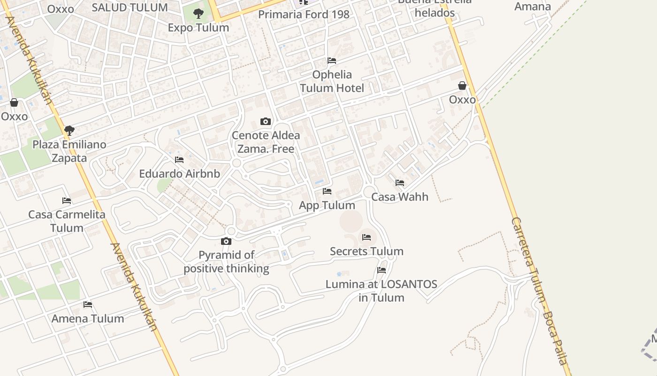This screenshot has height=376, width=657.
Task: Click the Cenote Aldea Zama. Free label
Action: (x=266, y=142)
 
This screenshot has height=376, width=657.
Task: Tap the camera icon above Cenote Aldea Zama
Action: (x=266, y=122)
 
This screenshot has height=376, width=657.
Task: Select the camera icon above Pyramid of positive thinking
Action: (x=226, y=242)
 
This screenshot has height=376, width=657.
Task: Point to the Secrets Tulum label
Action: (x=367, y=251)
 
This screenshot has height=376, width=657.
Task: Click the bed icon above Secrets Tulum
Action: (x=367, y=237)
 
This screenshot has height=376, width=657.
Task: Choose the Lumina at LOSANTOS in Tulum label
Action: (x=382, y=290)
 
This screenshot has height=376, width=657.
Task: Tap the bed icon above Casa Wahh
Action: (x=400, y=183)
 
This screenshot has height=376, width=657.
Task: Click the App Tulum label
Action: (x=327, y=205)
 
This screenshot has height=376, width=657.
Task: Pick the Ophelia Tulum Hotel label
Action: (x=332, y=81)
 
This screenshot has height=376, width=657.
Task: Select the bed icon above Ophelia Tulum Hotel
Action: (x=332, y=61)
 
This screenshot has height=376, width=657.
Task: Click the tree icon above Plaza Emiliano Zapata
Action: (x=69, y=130)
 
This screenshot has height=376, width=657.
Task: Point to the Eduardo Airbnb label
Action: (x=179, y=173)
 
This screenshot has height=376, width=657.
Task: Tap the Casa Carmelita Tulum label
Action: (x=67, y=221)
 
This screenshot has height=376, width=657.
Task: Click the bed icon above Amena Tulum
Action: (x=88, y=305)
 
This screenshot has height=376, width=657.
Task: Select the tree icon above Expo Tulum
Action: (x=199, y=13)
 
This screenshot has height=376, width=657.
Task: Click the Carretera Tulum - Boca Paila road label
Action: (x=540, y=291)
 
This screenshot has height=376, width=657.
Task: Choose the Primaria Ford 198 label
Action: (x=304, y=14)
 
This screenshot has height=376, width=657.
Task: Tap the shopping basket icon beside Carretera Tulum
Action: (x=462, y=86)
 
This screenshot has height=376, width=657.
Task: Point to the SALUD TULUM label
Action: (x=130, y=8)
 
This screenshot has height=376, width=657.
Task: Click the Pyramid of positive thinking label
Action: (x=226, y=262)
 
